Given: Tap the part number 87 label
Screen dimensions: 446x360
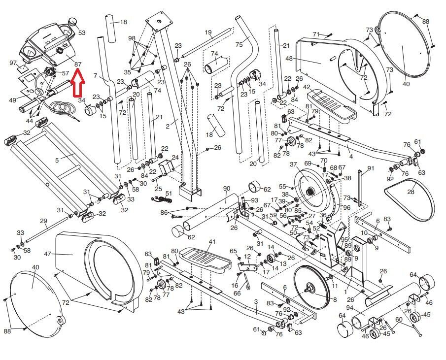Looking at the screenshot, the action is coord(78,65).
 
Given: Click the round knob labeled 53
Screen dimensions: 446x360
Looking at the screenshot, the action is coord(73,22).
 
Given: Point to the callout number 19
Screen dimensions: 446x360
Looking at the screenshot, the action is coord(208,32).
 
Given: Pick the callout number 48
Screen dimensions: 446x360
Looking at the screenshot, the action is coord(289,59).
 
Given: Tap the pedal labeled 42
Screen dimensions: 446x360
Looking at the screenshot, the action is coord(331,105).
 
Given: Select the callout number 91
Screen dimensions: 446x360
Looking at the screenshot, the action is coord(371,168).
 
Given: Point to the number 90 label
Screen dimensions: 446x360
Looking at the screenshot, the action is coord(226,189).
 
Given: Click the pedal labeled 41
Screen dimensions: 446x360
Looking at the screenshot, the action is coord(206,260).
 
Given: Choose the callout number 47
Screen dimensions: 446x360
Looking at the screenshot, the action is coord(47,254).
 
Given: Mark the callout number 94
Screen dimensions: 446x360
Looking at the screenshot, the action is coord(349,308).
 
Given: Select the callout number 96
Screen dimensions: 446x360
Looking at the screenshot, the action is coord(346,208).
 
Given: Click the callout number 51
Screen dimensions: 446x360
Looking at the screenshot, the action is coord(169,194).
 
